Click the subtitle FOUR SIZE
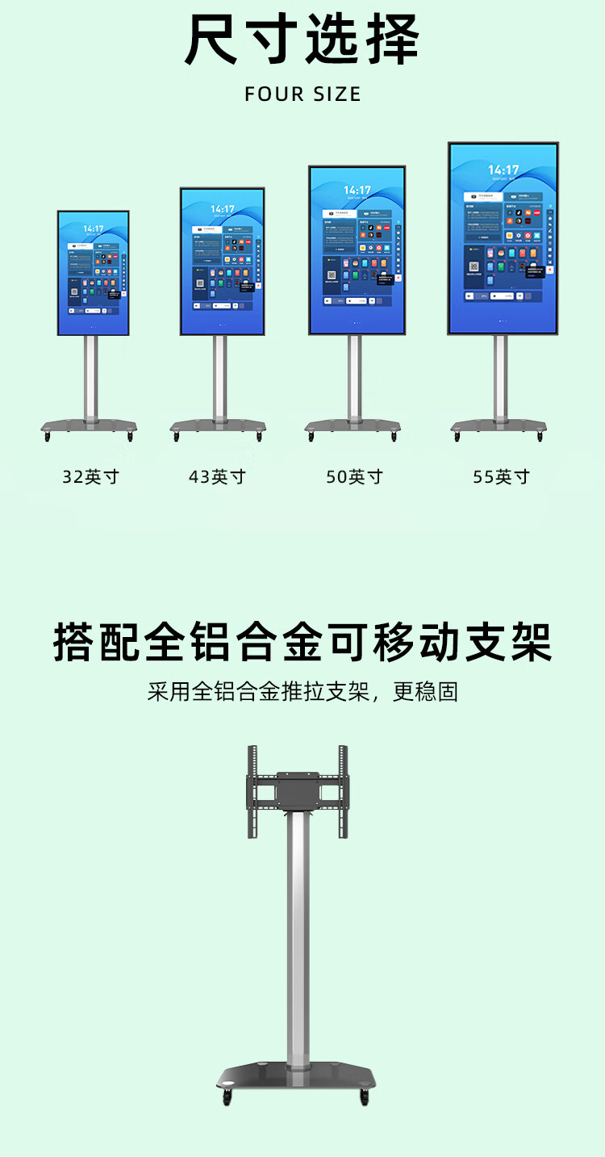(302, 94)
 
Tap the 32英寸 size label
(90, 476)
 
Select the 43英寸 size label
(217, 476)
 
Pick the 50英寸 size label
(354, 476)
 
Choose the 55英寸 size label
(501, 476)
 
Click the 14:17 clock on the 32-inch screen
(93, 228)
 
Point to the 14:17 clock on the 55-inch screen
(503, 170)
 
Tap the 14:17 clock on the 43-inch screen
(223, 209)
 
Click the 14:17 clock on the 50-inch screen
(356, 191)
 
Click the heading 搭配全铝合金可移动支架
(302, 643)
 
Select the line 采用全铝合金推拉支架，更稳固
(302, 691)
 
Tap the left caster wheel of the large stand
(228, 1097)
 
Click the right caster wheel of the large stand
(365, 1097)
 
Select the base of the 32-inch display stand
(89, 425)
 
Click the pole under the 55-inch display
(501, 375)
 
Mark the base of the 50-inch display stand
(353, 425)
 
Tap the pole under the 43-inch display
(219, 375)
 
